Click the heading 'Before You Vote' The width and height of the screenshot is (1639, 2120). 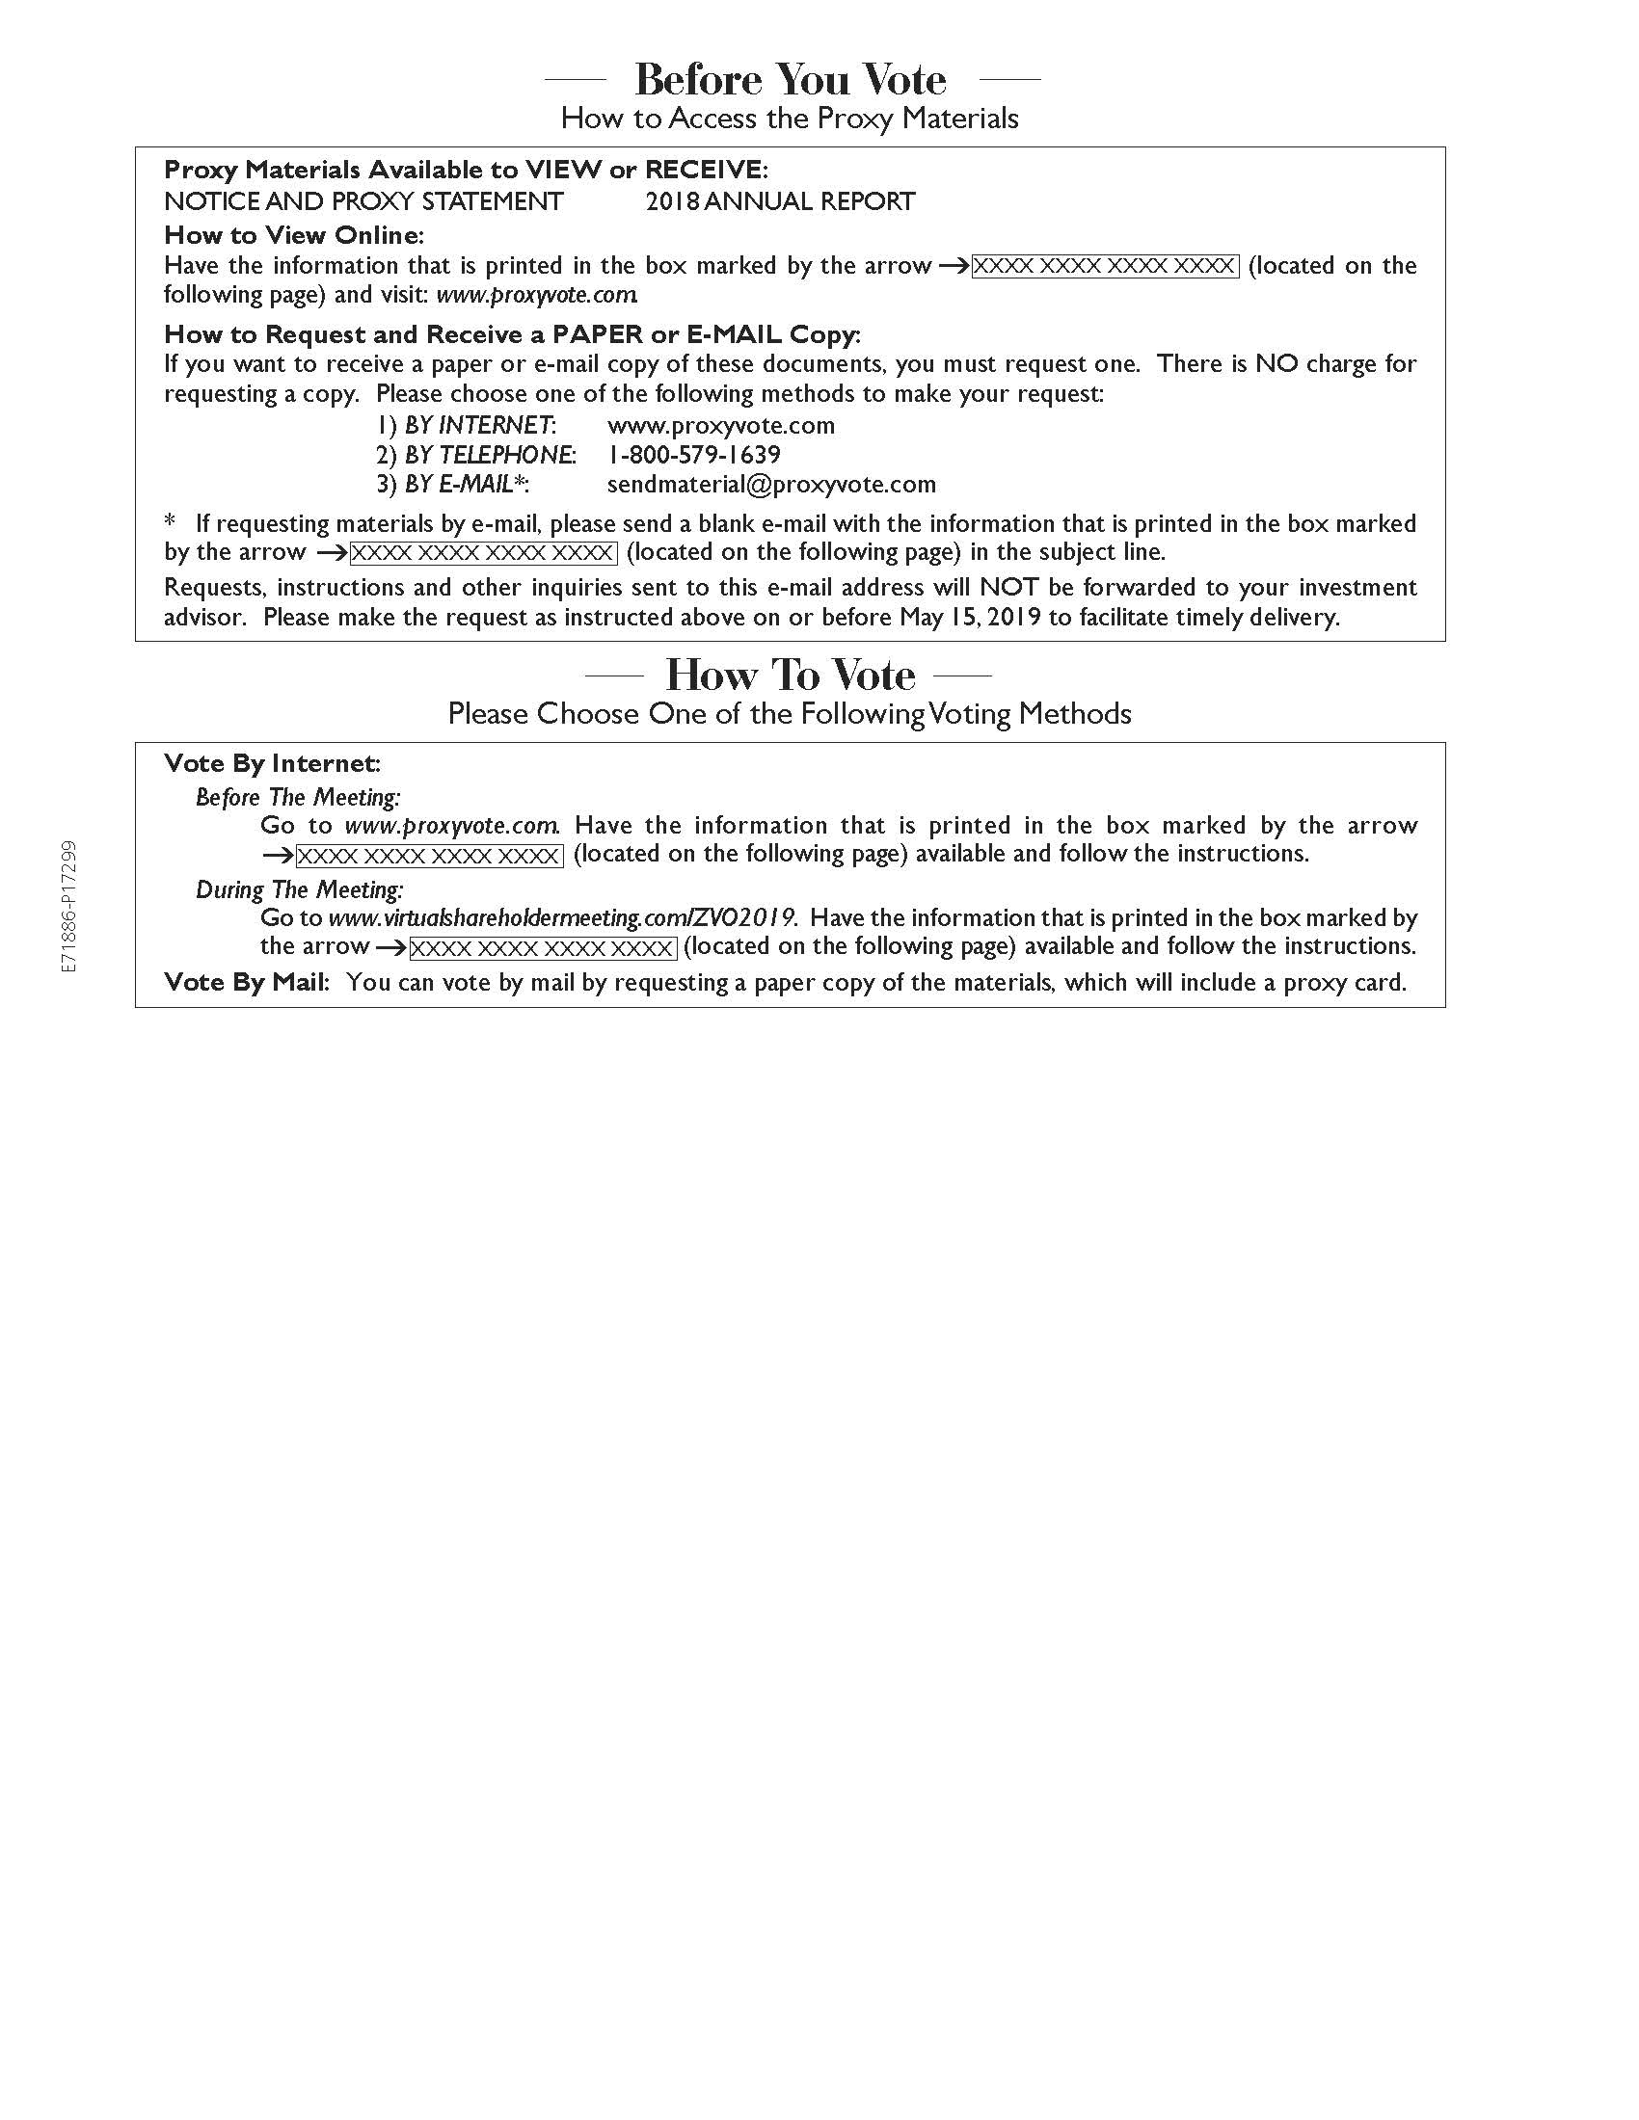click(791, 80)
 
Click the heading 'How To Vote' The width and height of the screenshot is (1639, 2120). click(790, 675)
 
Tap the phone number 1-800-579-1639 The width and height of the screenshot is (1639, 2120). click(693, 455)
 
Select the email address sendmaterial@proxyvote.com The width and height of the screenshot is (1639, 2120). click(771, 485)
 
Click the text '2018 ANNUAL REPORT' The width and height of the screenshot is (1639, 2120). click(780, 202)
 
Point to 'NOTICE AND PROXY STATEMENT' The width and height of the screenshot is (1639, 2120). click(363, 202)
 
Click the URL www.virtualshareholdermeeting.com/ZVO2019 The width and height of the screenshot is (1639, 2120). click(562, 918)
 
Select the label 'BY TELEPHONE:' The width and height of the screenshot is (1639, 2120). click(490, 455)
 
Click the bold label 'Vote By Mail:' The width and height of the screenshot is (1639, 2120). click(247, 982)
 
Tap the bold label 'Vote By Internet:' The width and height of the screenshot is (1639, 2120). click(272, 764)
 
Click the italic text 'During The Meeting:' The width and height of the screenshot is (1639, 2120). click(299, 890)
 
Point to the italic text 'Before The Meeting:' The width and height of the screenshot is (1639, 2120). click(297, 798)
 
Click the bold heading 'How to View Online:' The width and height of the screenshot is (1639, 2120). click(294, 235)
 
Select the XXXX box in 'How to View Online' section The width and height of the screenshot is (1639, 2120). click(1105, 267)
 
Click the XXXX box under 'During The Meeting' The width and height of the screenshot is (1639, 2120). click(542, 948)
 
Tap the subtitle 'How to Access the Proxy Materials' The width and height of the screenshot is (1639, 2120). click(790, 119)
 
